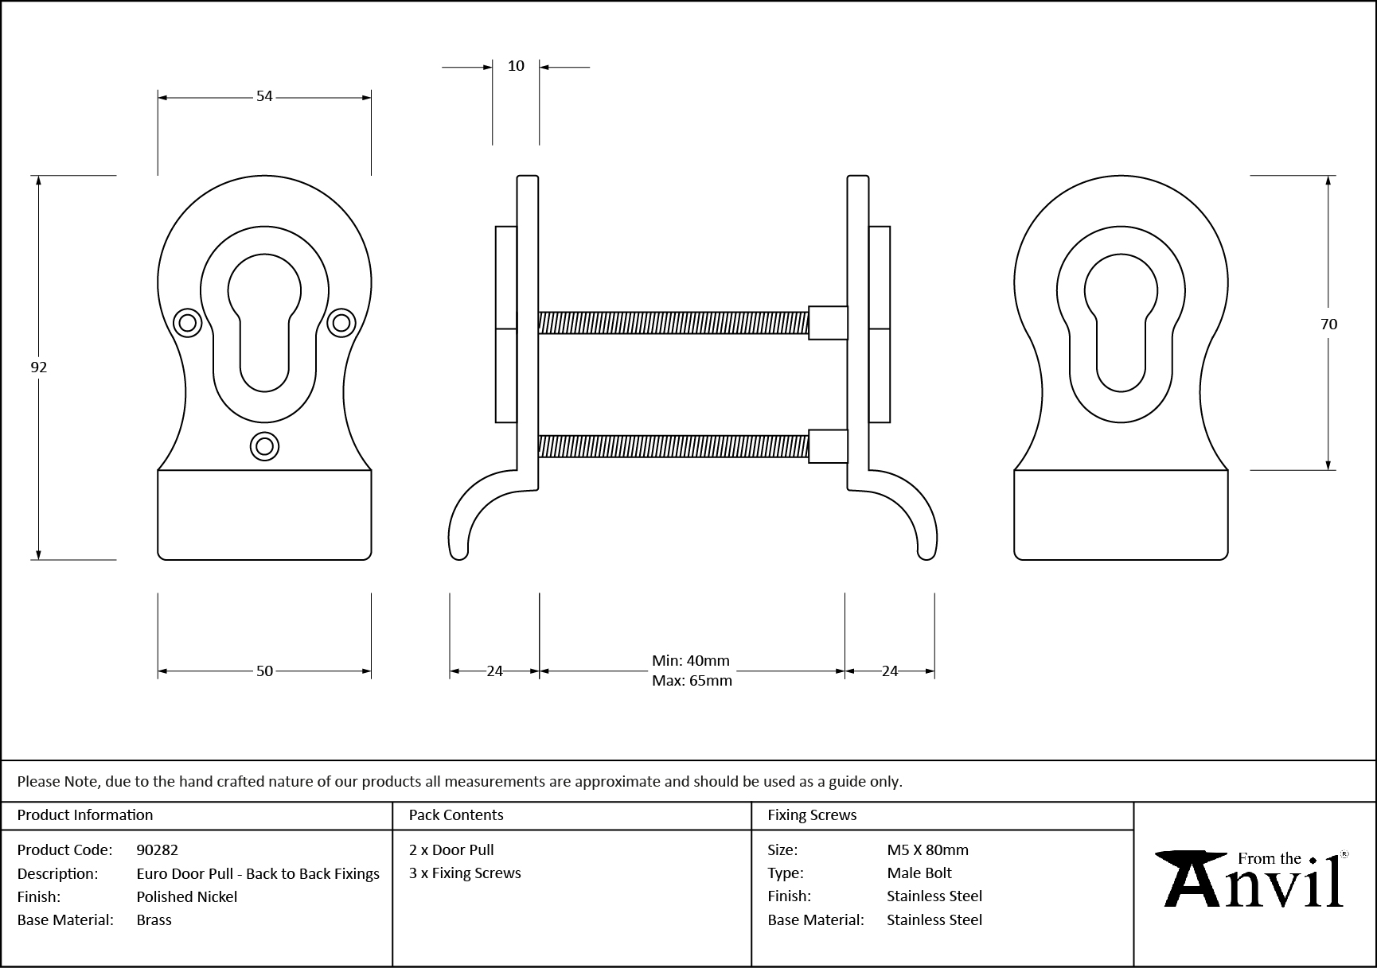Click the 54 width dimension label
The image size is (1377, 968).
click(264, 96)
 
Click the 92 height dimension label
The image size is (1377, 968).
click(38, 367)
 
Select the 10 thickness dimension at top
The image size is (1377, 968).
click(516, 66)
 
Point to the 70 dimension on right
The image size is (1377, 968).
click(1328, 324)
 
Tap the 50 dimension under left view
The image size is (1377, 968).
click(264, 671)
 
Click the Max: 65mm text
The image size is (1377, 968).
click(692, 681)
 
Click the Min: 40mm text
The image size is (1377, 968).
click(690, 661)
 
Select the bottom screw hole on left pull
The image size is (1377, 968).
click(264, 446)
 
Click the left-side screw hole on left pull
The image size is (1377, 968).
click(188, 322)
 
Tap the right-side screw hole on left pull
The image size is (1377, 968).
click(341, 322)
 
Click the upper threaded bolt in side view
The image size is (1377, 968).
click(673, 322)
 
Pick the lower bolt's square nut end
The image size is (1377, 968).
click(828, 446)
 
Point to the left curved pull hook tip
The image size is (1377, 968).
click(458, 552)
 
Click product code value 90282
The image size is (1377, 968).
click(157, 849)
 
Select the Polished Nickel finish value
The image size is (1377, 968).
click(186, 896)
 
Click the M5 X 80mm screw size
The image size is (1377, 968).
click(927, 849)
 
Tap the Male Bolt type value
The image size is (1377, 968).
click(919, 873)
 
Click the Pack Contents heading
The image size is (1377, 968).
click(455, 814)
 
